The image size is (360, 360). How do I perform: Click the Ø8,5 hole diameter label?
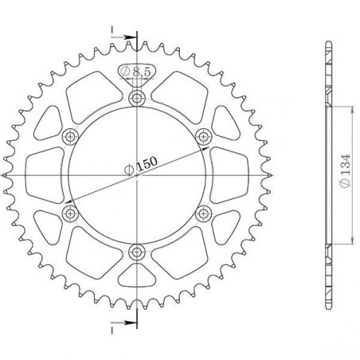tap(135, 71)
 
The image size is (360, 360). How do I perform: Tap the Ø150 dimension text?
tap(141, 166)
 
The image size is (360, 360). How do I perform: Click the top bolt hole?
tap(137, 98)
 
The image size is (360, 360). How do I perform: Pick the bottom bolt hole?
tap(137, 252)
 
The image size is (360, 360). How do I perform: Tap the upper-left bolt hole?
tap(70, 137)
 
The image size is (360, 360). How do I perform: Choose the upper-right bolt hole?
tap(203, 136)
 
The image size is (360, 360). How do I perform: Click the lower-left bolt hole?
tap(70, 213)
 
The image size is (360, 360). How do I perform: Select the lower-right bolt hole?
tap(203, 213)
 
